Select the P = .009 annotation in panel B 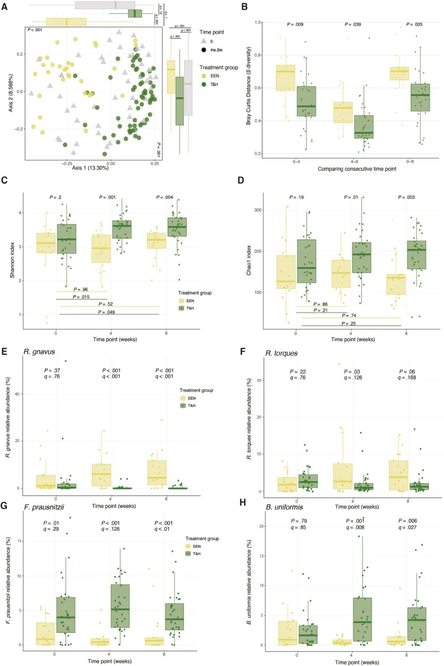pyautogui.click(x=295, y=25)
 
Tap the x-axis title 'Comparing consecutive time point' pyautogui.click(x=356, y=169)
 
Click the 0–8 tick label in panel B pyautogui.click(x=410, y=162)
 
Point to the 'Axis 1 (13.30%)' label pyautogui.click(x=90, y=168)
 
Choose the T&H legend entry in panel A pyautogui.click(x=214, y=84)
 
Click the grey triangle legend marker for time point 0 pyautogui.click(x=203, y=41)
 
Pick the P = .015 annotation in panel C pyautogui.click(x=81, y=297)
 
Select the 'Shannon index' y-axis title pyautogui.click(x=12, y=260)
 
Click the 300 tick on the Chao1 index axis pyautogui.click(x=258, y=210)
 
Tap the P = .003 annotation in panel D pyautogui.click(x=406, y=197)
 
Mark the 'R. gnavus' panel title pyautogui.click(x=39, y=352)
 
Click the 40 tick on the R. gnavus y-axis pyautogui.click(x=17, y=394)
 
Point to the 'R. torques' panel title pyautogui.click(x=281, y=353)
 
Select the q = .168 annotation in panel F pyautogui.click(x=407, y=377)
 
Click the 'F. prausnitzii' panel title pyautogui.click(x=44, y=507)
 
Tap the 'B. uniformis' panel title pyautogui.click(x=284, y=507)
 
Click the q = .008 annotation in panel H pyautogui.click(x=355, y=527)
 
